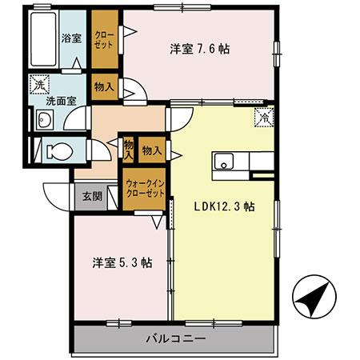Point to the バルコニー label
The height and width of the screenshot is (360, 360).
point(175,338)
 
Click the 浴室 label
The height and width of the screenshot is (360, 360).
point(73,38)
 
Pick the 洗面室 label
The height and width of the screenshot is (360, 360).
point(61,102)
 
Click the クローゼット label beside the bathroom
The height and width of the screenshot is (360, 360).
point(104,39)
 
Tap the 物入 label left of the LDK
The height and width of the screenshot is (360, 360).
point(152,150)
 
